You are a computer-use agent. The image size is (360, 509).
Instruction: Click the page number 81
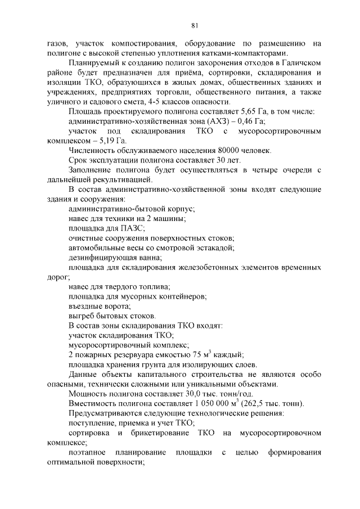tap(194, 25)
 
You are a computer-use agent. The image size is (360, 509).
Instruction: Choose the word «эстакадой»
tap(211, 247)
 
